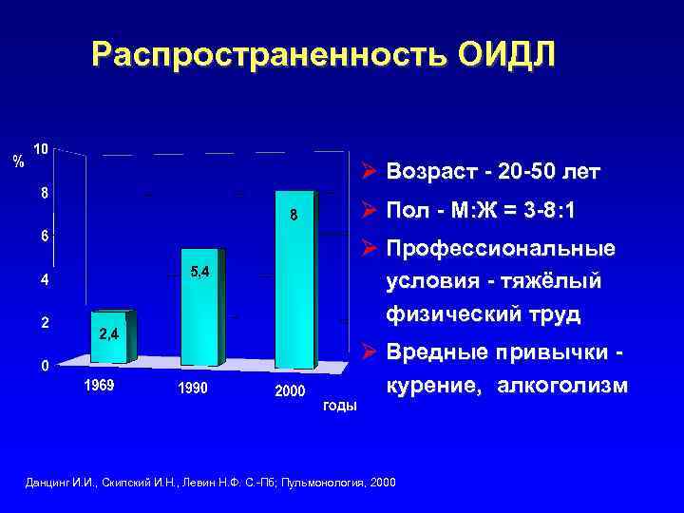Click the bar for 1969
[x=114, y=337]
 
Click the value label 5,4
[x=200, y=273]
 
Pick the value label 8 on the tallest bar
[x=294, y=215]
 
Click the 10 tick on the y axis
[x=43, y=149]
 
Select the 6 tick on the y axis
[x=45, y=236]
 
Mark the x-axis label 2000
[x=291, y=391]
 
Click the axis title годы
[x=340, y=406]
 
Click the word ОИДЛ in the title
[x=505, y=54]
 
